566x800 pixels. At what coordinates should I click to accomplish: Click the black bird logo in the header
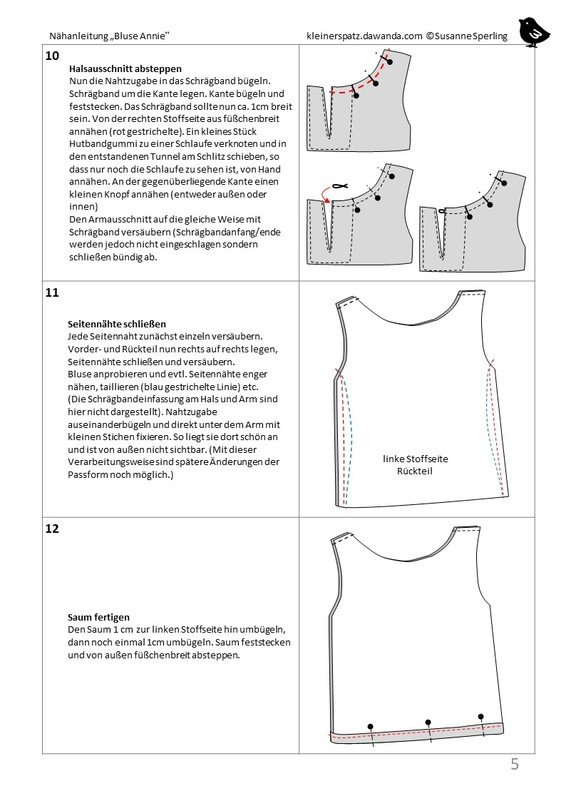click(x=533, y=33)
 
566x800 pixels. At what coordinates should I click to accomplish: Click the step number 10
click(x=52, y=56)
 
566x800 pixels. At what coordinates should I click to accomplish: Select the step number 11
click(x=52, y=293)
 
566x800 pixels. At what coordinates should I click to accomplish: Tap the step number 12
click(x=52, y=529)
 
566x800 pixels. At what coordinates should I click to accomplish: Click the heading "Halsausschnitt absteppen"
click(x=125, y=68)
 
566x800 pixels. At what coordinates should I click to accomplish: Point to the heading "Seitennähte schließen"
click(x=117, y=324)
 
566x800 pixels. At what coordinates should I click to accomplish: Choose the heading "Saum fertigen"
click(x=99, y=617)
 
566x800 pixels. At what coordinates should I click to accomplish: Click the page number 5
click(x=514, y=764)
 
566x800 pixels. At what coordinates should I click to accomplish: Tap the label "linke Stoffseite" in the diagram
click(x=415, y=459)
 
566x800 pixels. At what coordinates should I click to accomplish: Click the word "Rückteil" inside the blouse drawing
click(x=415, y=471)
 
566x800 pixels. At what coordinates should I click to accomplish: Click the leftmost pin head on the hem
click(x=371, y=726)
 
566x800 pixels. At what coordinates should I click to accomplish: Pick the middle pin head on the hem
click(x=428, y=722)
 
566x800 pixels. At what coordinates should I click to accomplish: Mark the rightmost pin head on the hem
click(x=481, y=716)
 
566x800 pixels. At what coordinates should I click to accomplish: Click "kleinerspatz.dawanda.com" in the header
click(x=364, y=36)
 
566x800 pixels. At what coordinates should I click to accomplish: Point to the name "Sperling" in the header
click(x=487, y=36)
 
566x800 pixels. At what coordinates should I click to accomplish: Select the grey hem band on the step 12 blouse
click(x=415, y=732)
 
